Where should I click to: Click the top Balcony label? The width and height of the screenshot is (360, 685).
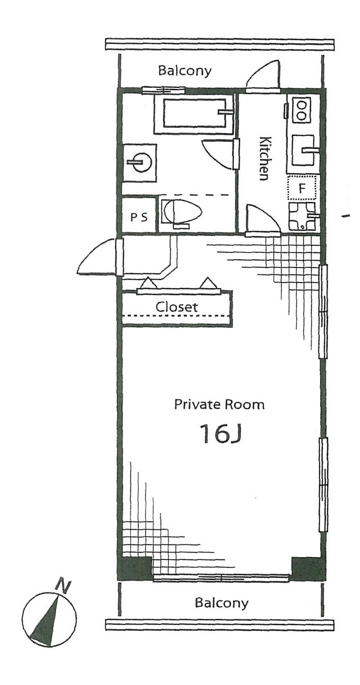185,71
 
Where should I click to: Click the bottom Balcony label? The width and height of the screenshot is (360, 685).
222,603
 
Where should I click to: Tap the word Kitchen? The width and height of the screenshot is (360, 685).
264,158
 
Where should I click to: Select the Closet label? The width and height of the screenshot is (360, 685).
177,307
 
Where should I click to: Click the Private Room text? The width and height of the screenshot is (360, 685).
219,405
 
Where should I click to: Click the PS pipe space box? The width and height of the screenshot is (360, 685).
139,216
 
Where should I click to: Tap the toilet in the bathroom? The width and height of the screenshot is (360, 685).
181,213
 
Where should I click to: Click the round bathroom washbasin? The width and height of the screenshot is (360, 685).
140,163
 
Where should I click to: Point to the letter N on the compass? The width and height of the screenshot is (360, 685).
63,585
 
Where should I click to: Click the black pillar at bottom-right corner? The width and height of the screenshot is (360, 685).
307,567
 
